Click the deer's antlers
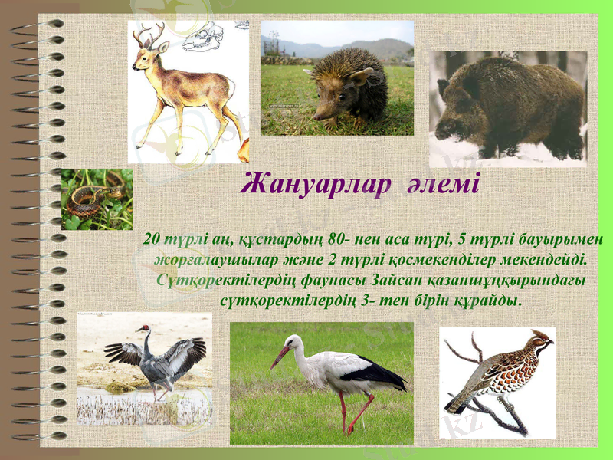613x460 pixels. [149, 35]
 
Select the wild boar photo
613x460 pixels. [507, 107]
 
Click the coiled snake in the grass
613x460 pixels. [89, 201]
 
